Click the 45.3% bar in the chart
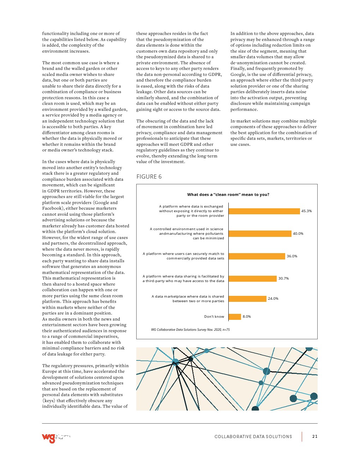coord(264,211)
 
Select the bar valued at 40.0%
coord(260,234)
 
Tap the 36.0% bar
coord(257,256)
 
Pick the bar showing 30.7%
coord(252,279)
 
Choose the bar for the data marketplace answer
coord(247,299)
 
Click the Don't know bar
coord(235,317)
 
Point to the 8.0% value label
coord(247,317)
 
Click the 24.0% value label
coord(273,299)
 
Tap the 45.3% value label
coord(306,211)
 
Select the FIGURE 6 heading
coord(149,177)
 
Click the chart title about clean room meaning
coord(228,195)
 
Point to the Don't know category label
coord(214,317)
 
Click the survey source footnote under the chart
coord(190,330)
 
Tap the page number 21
coord(315,436)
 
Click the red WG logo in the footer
coord(49,437)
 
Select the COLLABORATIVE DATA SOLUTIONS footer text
coord(253,437)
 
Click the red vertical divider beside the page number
coord(302,436)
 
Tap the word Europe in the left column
coord(50,371)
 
